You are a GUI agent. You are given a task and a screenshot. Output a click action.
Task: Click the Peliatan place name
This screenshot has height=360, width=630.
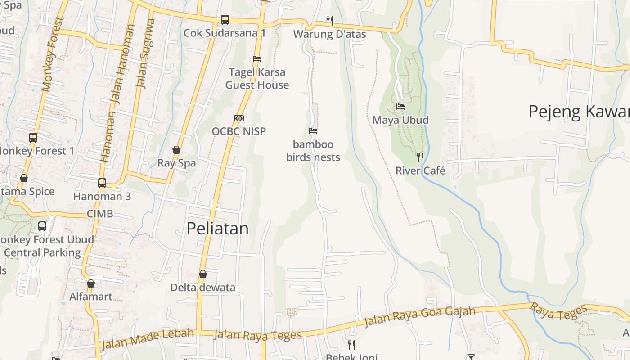(x=217, y=229)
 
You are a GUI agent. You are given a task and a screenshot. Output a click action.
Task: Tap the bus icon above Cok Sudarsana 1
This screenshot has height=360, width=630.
(x=225, y=20)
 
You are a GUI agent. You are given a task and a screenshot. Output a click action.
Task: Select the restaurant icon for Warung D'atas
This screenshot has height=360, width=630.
(x=330, y=20)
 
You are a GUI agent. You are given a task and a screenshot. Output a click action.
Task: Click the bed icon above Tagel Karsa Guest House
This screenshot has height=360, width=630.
(x=257, y=59)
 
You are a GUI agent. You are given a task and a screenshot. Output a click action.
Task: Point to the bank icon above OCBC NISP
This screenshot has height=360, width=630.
(x=239, y=118)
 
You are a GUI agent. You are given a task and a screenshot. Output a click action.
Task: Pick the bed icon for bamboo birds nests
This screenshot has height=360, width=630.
(x=313, y=131)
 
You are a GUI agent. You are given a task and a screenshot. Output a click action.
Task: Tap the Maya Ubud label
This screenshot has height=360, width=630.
(x=400, y=120)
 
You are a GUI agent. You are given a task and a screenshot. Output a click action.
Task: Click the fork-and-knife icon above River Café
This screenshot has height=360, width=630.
(x=420, y=157)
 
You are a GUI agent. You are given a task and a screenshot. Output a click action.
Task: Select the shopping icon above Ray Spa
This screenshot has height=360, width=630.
(x=176, y=150)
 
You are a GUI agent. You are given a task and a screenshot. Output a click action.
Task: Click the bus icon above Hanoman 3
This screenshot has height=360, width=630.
(x=102, y=183)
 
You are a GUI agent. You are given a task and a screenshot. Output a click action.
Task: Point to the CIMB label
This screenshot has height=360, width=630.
(x=100, y=214)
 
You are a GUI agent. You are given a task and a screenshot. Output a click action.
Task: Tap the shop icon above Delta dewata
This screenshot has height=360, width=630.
(x=203, y=274)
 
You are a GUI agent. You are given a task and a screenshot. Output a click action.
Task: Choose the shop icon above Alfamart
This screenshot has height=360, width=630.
(x=91, y=283)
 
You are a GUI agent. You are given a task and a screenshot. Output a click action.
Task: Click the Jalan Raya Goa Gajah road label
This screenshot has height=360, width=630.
(x=419, y=317)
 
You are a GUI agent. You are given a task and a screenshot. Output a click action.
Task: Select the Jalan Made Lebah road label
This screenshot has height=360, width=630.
(x=148, y=339)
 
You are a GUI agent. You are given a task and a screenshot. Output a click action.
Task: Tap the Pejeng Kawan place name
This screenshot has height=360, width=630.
(x=579, y=112)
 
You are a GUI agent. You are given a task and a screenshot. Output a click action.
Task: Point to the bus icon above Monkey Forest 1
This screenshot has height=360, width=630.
(x=33, y=137)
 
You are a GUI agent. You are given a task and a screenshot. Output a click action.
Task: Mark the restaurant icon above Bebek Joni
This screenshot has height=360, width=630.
(x=351, y=345)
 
